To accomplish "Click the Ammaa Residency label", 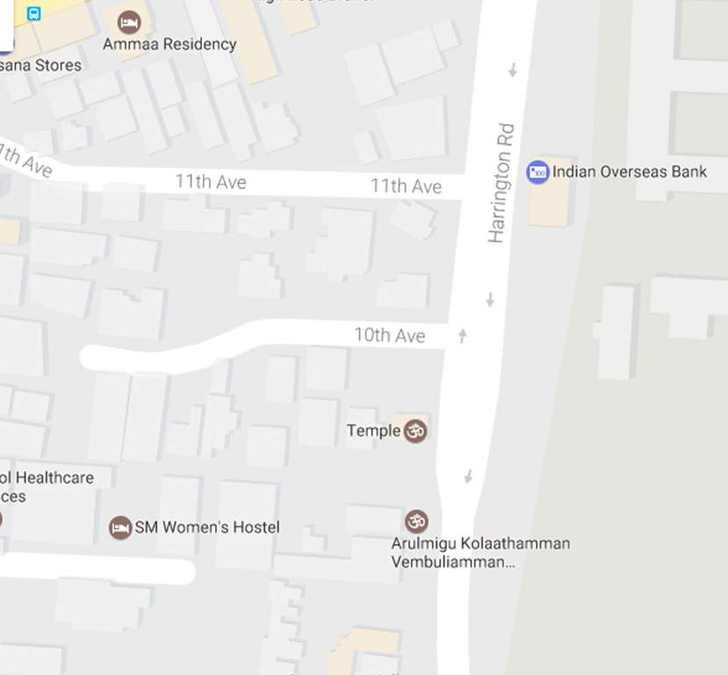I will (169, 44).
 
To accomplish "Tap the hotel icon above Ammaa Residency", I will (129, 21).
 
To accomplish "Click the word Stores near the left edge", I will (58, 65).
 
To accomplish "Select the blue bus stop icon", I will (34, 13).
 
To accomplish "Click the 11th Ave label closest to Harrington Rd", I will (405, 186).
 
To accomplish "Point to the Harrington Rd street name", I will (501, 184).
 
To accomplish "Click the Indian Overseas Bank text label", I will (629, 172).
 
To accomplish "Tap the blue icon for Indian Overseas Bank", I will (537, 172).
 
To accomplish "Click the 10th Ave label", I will (389, 336).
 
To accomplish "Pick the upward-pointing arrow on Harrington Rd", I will (463, 335).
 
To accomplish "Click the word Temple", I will (373, 431).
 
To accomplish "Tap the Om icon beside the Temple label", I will (414, 431).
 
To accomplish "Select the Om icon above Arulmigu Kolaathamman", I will (416, 520).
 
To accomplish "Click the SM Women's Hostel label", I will (207, 527).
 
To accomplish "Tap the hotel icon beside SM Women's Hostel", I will (119, 527).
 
